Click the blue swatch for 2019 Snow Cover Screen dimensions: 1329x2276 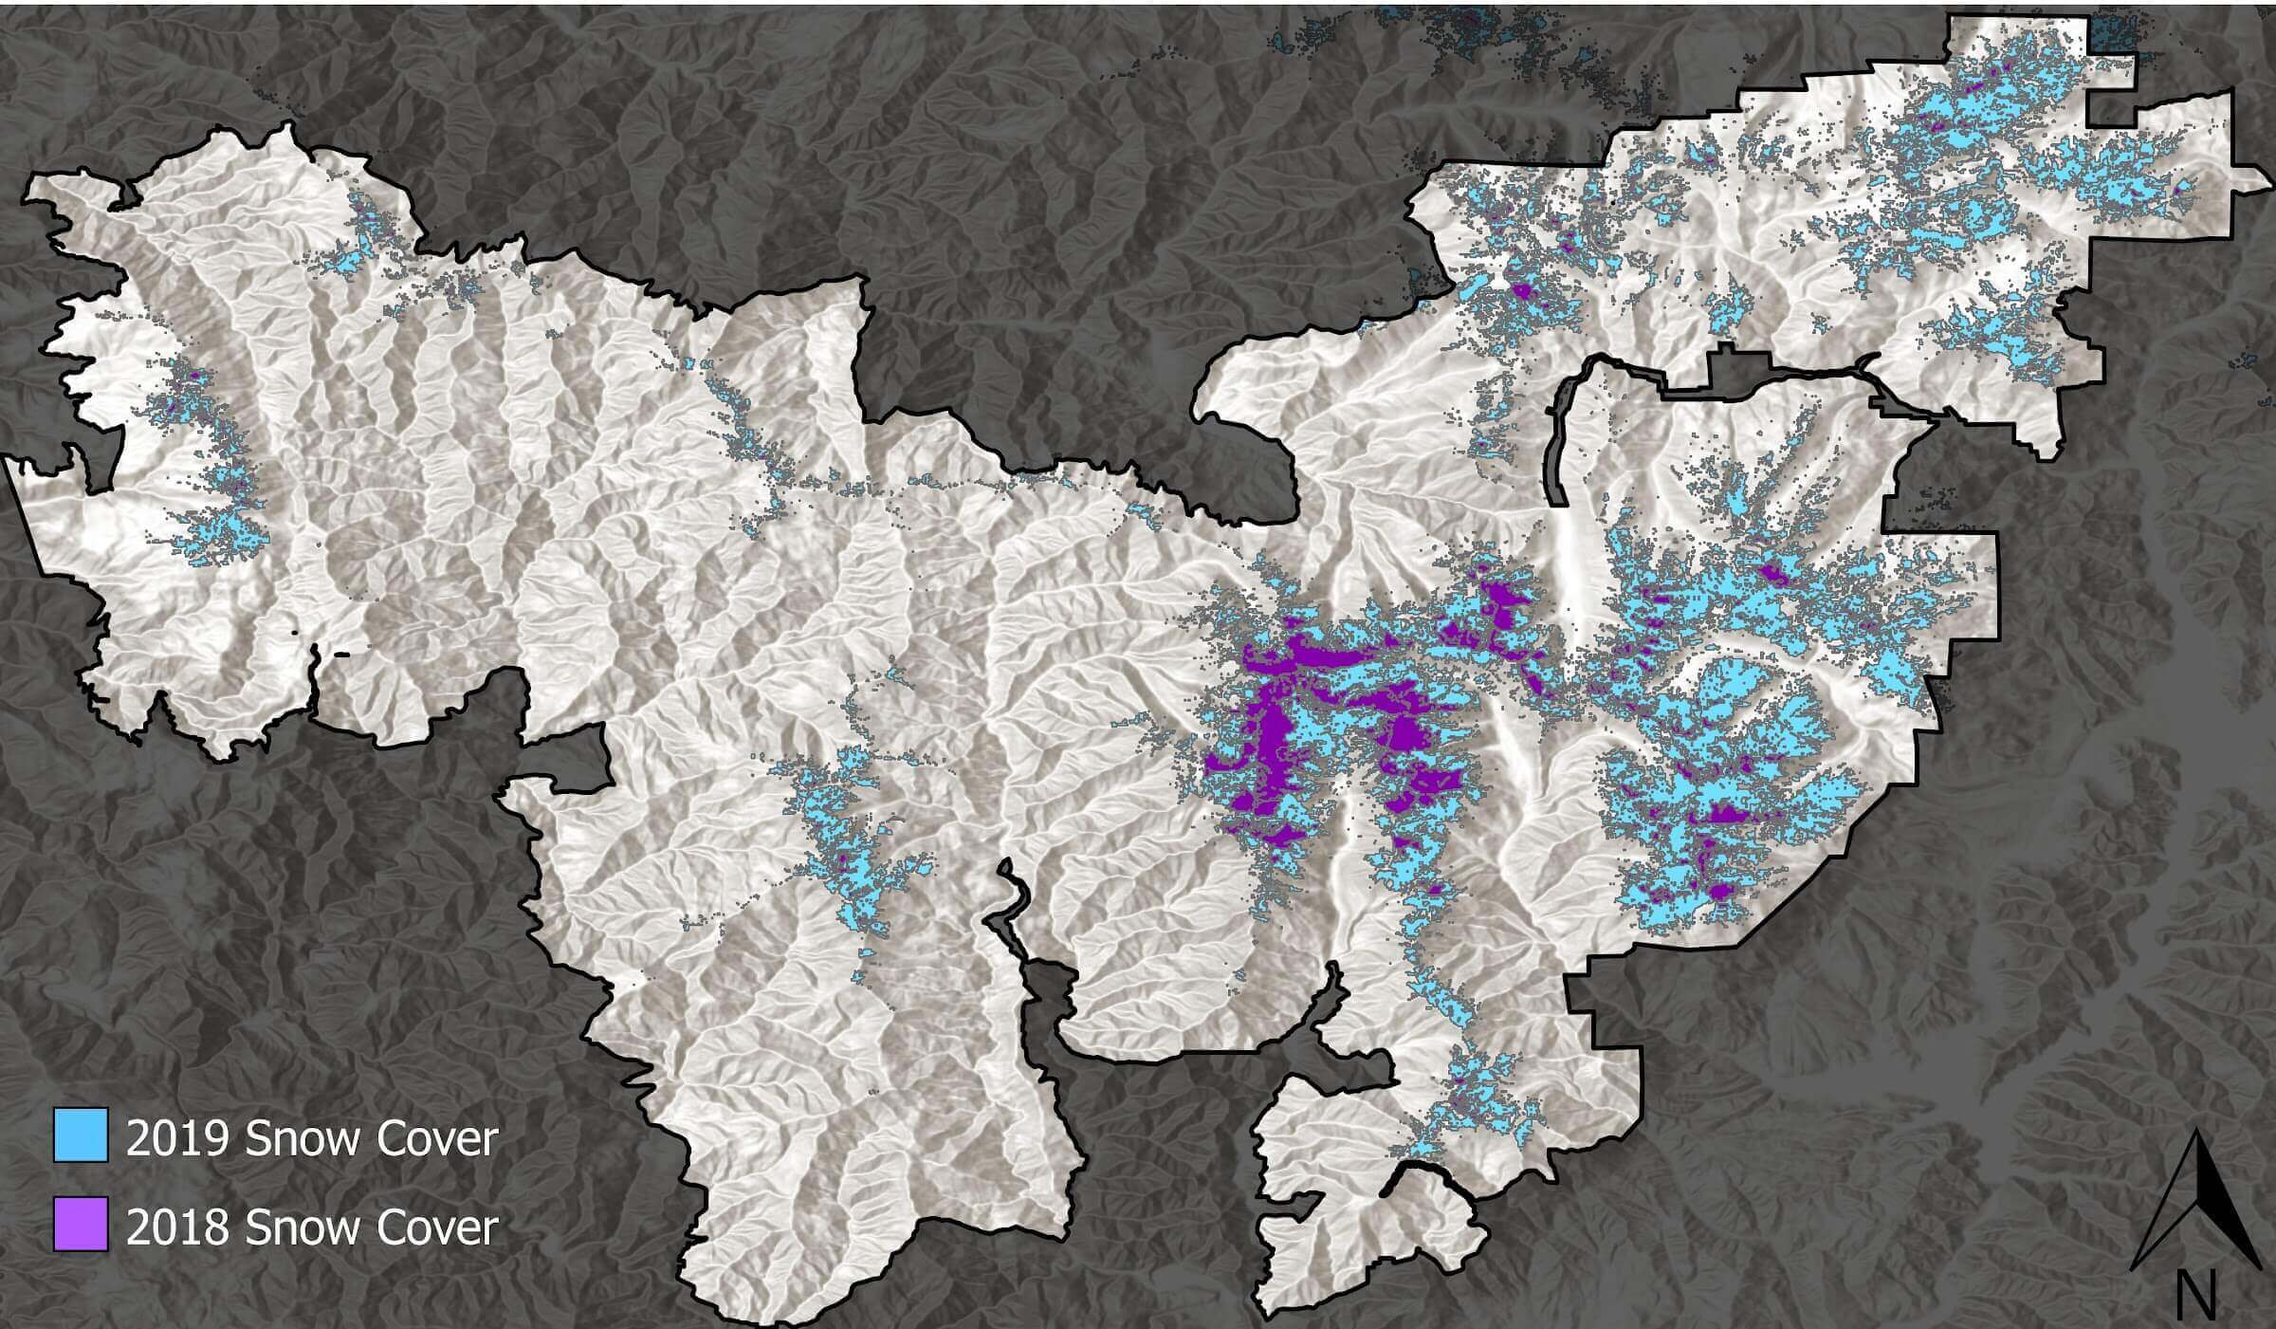pos(80,1135)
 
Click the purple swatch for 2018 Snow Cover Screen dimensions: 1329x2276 pos(80,1224)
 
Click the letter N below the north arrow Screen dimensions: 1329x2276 pos(2194,1293)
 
